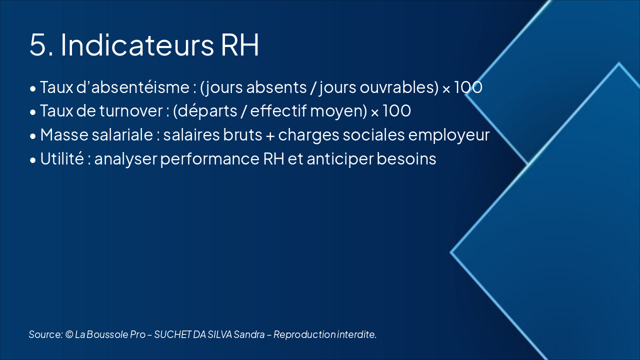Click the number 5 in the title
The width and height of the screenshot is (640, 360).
[38, 45]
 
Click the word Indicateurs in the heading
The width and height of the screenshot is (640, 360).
[137, 44]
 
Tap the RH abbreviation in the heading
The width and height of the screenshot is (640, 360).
[239, 45]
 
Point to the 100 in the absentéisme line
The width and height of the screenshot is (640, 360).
[468, 87]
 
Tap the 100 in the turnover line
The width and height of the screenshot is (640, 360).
[397, 111]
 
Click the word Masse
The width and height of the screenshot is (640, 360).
[64, 134]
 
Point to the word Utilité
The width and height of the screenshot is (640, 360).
[62, 158]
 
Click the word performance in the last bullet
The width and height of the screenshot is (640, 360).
[209, 159]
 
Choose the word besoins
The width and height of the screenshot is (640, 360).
[406, 158]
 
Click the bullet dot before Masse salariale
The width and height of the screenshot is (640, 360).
[33, 136]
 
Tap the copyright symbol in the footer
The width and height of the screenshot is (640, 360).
[69, 334]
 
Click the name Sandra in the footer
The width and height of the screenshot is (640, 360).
[249, 334]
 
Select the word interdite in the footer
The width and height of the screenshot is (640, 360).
[357, 334]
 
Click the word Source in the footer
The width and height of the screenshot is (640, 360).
[45, 334]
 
